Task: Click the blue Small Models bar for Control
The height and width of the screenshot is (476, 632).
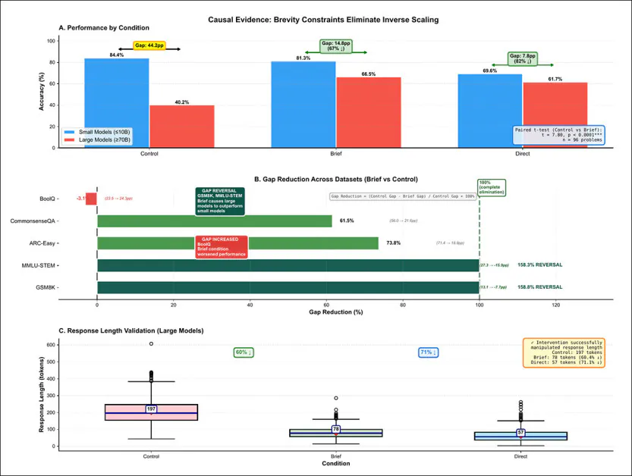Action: click(x=117, y=102)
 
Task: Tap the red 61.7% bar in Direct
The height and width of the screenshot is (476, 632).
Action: click(x=555, y=114)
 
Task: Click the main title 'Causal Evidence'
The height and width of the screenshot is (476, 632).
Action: click(x=316, y=18)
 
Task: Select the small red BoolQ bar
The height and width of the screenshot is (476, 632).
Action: click(x=91, y=199)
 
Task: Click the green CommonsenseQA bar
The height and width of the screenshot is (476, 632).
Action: click(x=215, y=221)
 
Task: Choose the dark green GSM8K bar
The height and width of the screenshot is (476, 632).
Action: click(x=288, y=287)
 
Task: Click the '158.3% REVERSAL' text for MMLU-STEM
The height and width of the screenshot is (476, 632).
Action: click(x=539, y=265)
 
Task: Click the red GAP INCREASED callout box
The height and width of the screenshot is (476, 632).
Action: click(x=222, y=246)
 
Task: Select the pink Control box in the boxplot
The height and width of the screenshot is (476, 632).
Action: click(x=151, y=412)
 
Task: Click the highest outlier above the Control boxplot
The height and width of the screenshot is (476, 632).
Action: click(x=151, y=344)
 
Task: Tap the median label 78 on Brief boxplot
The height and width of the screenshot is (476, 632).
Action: click(x=336, y=429)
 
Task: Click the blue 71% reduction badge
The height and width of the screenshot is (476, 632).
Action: click(x=428, y=352)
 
